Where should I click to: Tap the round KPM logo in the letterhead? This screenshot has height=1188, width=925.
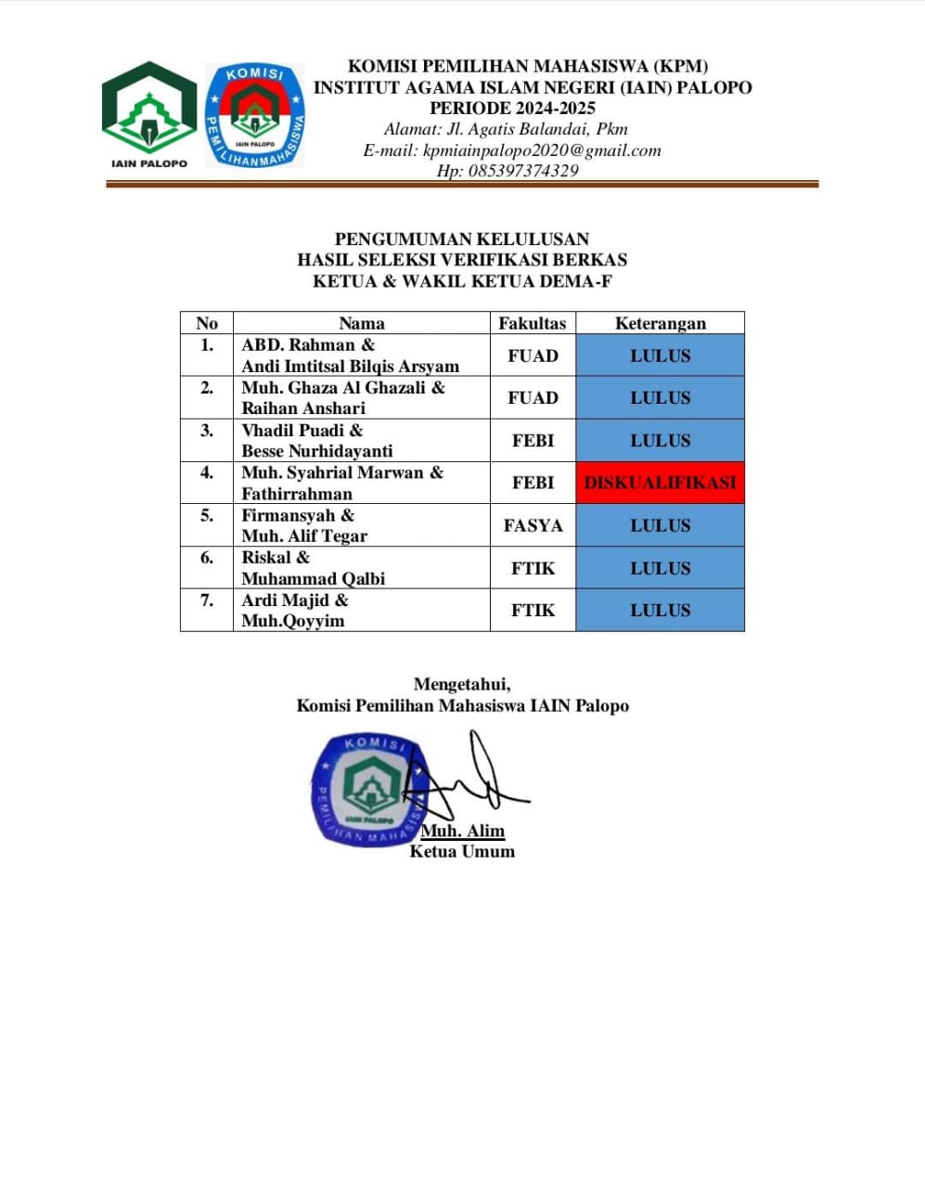click(254, 115)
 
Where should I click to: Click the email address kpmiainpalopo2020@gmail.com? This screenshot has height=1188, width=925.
click(511, 150)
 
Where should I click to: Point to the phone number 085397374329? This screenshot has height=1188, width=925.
click(507, 171)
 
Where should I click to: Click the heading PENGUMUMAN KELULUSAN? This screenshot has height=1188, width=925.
click(462, 239)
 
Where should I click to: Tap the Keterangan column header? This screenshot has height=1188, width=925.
click(660, 323)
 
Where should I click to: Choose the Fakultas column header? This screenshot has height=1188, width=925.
click(532, 323)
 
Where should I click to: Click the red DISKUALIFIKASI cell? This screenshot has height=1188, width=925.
click(660, 483)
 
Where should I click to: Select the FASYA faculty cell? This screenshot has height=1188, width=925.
click(533, 525)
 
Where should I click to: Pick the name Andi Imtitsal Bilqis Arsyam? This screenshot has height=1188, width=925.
click(350, 366)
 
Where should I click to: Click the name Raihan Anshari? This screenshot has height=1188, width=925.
click(303, 408)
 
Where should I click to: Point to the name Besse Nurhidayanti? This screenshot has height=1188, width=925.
click(316, 451)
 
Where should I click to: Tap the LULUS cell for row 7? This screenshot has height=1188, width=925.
click(660, 610)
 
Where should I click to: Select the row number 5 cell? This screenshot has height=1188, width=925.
click(206, 516)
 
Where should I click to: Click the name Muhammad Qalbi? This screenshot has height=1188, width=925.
click(313, 578)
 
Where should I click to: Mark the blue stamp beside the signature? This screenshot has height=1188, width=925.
click(367, 789)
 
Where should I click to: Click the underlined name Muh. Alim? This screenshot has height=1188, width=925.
click(462, 832)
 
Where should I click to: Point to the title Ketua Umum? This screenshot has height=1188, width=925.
click(462, 851)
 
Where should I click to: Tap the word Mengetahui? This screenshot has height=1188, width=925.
click(462, 685)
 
